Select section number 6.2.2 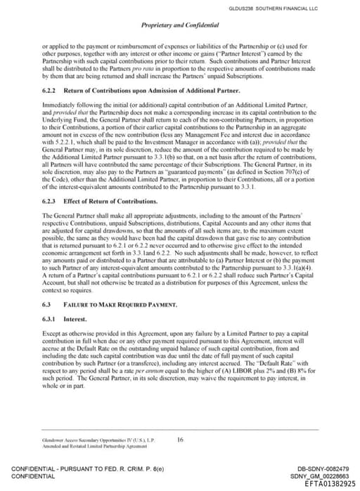(50, 91)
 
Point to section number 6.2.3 (50, 202)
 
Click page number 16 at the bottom (180, 440)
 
